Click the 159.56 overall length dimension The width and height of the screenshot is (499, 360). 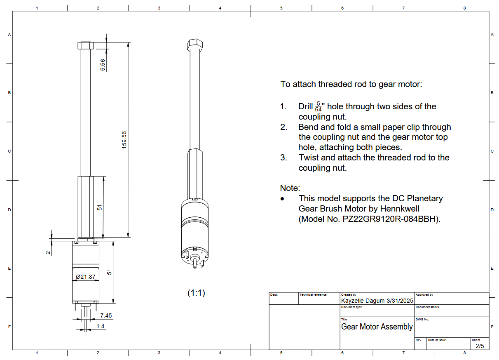pyautogui.click(x=124, y=141)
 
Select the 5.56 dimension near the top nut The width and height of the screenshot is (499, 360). pyautogui.click(x=103, y=65)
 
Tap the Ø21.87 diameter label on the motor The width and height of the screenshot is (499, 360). pyautogui.click(x=85, y=277)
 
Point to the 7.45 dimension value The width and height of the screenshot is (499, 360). pyautogui.click(x=106, y=315)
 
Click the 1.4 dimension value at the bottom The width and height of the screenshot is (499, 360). pyautogui.click(x=100, y=326)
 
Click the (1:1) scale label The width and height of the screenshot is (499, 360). pyautogui.click(x=196, y=293)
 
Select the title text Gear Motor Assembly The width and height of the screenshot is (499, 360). pyautogui.click(x=377, y=327)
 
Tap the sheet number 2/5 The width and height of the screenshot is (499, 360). pyautogui.click(x=480, y=346)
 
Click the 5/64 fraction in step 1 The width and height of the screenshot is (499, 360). pyautogui.click(x=318, y=106)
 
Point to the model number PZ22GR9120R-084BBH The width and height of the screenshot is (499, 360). pyautogui.click(x=391, y=219)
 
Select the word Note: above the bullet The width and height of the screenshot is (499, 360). pyautogui.click(x=290, y=188)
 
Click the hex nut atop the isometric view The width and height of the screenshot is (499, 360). pyautogui.click(x=195, y=44)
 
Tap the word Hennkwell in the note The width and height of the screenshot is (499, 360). pyautogui.click(x=400, y=209)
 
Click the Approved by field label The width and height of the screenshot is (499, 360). pyautogui.click(x=424, y=295)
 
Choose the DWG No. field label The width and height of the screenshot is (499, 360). pyautogui.click(x=422, y=320)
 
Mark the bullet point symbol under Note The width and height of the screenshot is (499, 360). pyautogui.click(x=282, y=199)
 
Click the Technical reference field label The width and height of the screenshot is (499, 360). pyautogui.click(x=313, y=295)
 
